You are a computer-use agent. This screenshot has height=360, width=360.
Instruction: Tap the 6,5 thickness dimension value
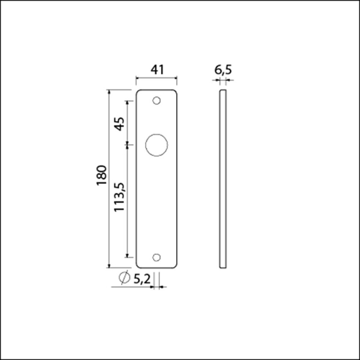[223, 70]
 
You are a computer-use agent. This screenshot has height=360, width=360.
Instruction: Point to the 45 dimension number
[120, 124]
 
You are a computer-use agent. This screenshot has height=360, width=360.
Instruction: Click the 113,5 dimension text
[120, 197]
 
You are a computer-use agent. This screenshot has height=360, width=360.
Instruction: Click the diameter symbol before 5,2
[123, 278]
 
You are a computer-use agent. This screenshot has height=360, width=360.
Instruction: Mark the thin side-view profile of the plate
[223, 178]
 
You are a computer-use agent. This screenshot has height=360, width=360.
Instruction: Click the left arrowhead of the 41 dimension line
[137, 78]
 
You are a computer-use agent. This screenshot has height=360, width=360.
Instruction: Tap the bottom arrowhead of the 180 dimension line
[110, 266]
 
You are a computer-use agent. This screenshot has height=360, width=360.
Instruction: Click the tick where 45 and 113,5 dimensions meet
[128, 145]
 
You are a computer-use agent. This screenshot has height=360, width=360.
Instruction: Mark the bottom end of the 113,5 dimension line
[128, 256]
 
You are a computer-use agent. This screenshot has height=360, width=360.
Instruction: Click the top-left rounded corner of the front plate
[139, 93]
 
